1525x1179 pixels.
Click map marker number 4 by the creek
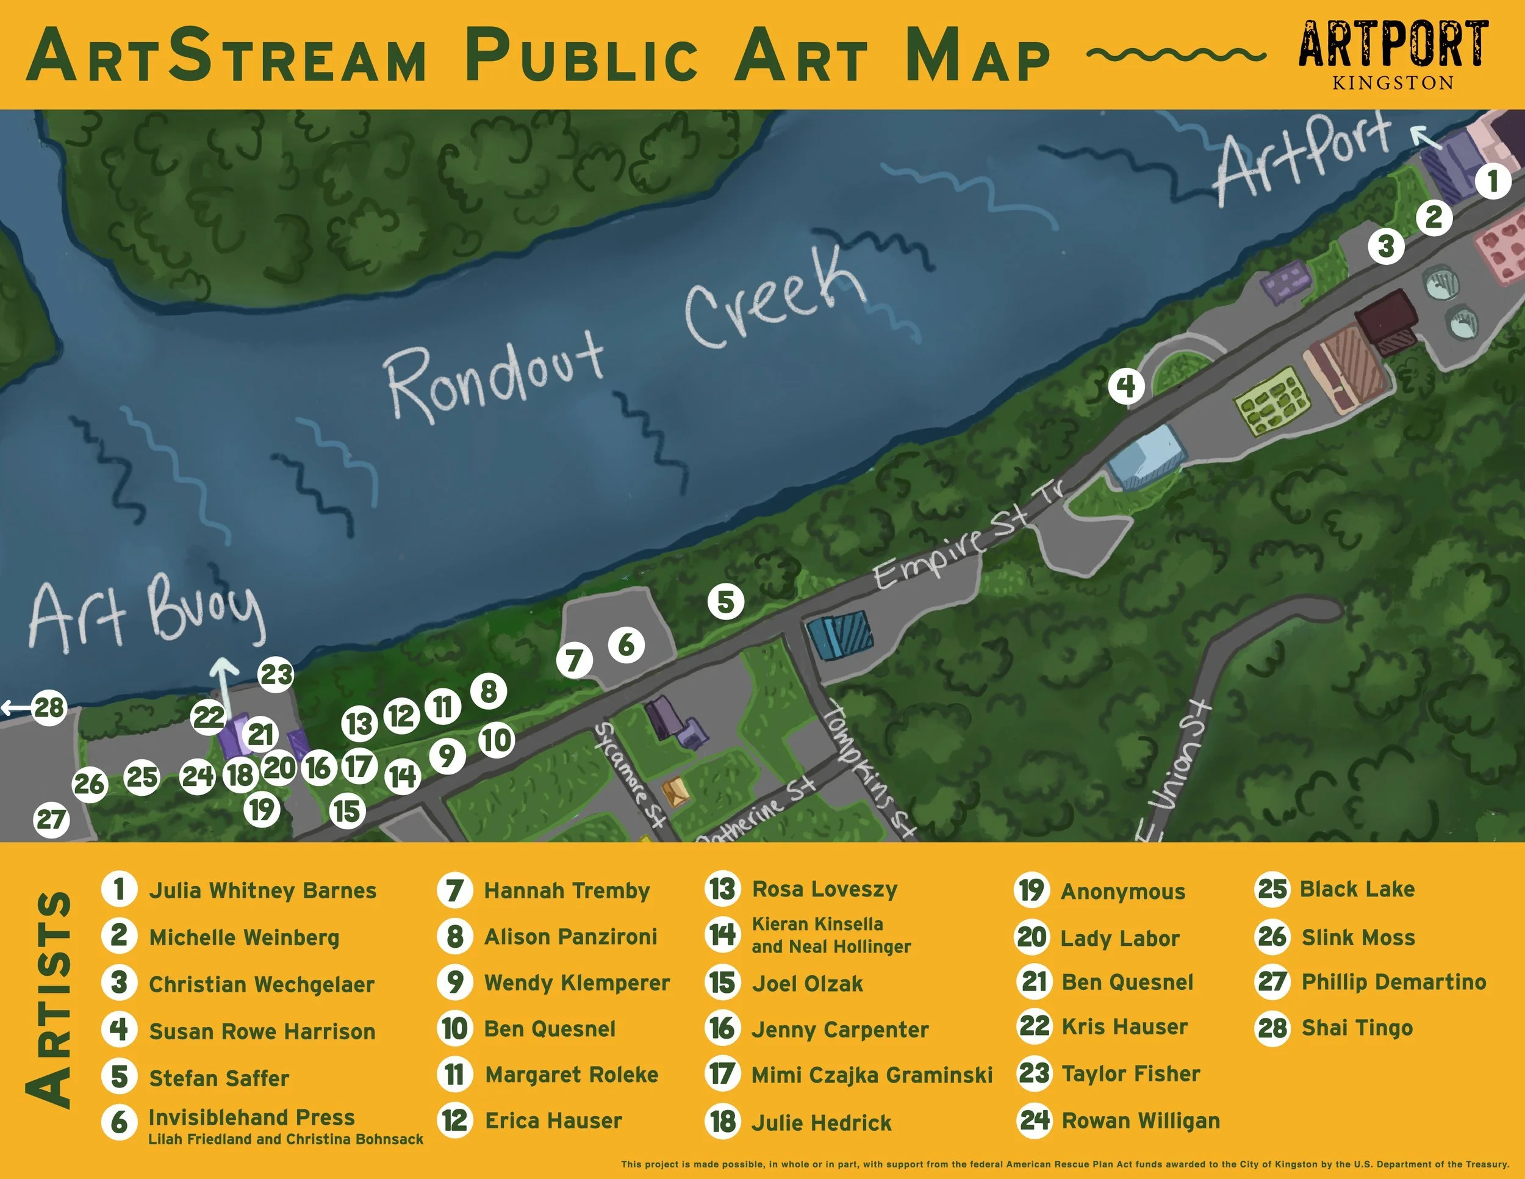point(1125,386)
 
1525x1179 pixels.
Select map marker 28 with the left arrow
point(48,707)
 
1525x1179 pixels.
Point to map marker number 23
point(276,675)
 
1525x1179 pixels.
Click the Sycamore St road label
point(629,775)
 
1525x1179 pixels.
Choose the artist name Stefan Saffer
point(218,1078)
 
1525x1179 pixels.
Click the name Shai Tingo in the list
point(1357,1028)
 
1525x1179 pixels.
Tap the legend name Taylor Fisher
point(1130,1073)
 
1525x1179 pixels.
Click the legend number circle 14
point(722,934)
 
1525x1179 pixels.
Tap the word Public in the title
point(582,56)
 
